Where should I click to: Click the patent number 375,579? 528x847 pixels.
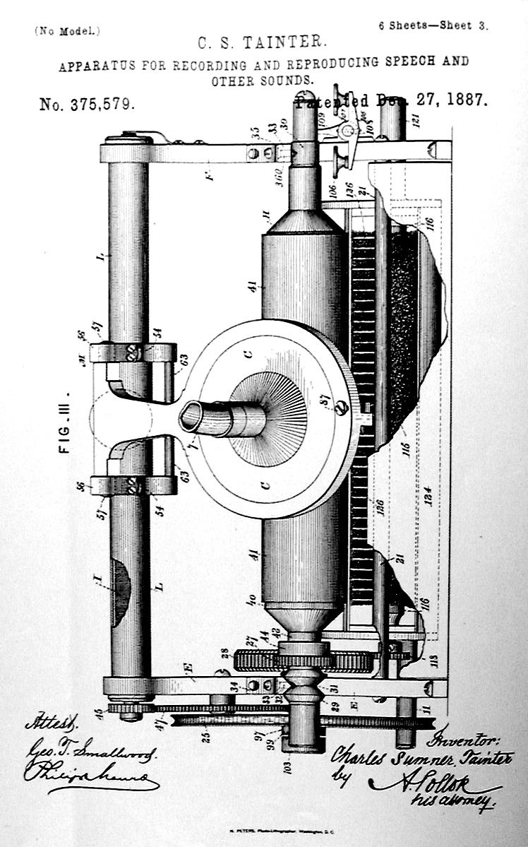[x=86, y=105]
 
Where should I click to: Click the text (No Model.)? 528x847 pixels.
[x=67, y=31]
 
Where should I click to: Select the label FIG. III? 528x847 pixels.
[x=68, y=422]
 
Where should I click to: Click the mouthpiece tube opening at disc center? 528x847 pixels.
[x=194, y=417]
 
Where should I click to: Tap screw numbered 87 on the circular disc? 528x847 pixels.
[x=342, y=408]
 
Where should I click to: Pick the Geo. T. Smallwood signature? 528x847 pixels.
[x=92, y=750]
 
